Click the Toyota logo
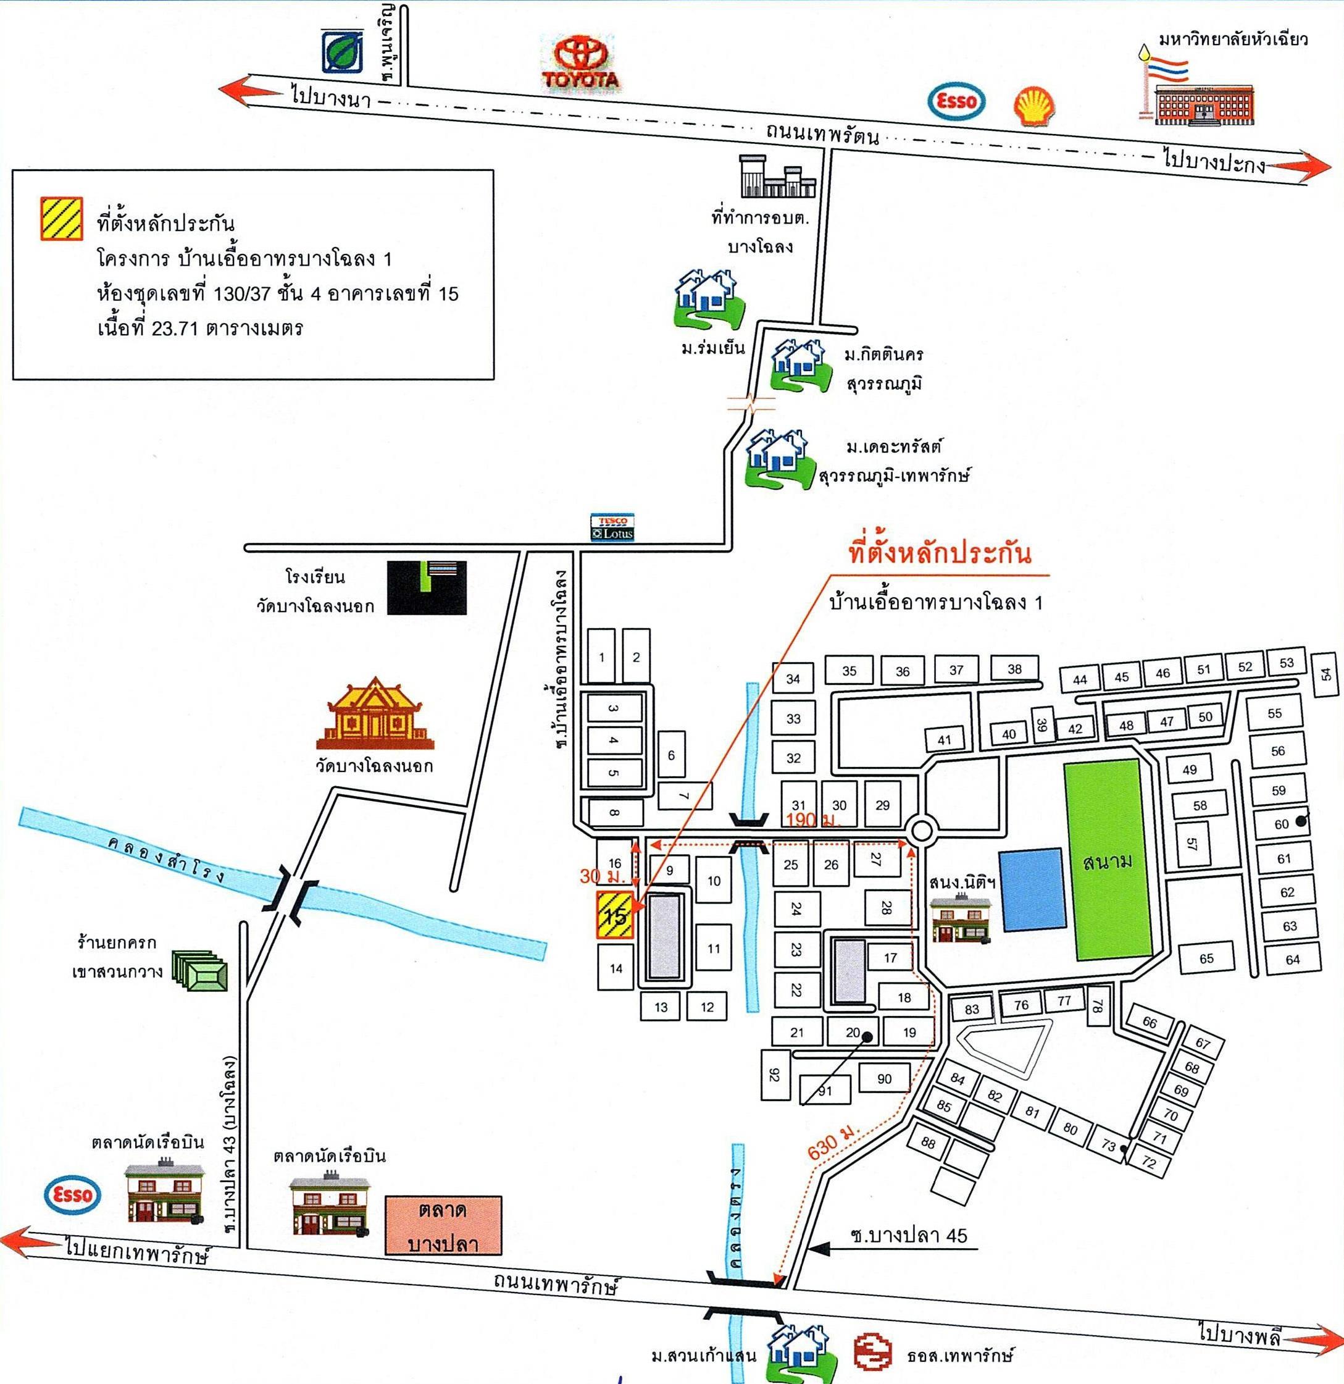[581, 62]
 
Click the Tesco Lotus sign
[612, 527]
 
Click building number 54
[1325, 674]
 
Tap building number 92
[774, 1074]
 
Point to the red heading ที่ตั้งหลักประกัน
[940, 553]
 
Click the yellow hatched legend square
[61, 217]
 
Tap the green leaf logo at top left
[343, 51]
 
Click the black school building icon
[427, 587]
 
